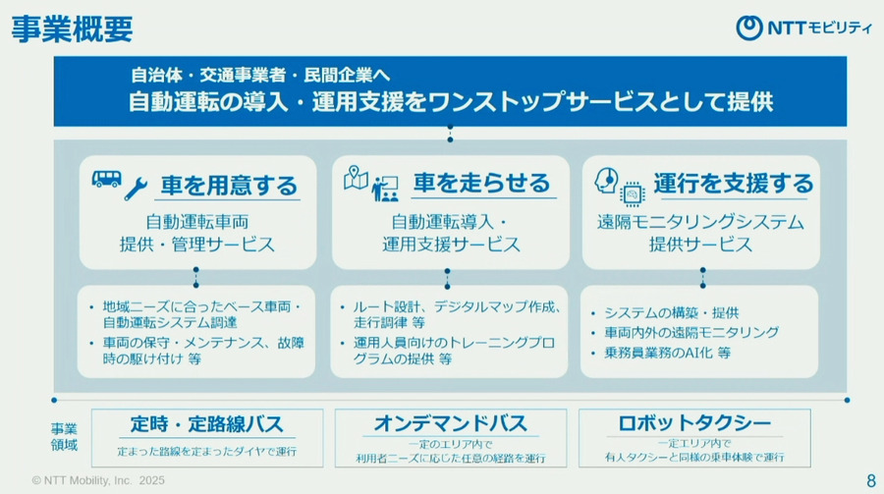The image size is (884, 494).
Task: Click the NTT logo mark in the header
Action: click(x=749, y=28)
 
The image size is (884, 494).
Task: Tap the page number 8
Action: click(x=870, y=480)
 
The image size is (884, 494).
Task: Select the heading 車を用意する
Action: click(x=229, y=184)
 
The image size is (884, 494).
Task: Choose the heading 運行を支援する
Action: click(x=733, y=184)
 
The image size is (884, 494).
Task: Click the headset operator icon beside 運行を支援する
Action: click(x=607, y=181)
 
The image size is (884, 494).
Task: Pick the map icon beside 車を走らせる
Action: click(x=356, y=179)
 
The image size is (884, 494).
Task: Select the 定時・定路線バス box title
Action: click(x=206, y=425)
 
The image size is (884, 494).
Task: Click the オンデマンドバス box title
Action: click(x=450, y=425)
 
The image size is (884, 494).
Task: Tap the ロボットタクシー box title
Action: click(x=694, y=425)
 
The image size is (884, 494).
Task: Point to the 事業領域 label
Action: click(x=65, y=437)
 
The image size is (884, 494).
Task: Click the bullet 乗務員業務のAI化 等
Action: click(x=667, y=352)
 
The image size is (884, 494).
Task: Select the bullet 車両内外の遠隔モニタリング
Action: click(x=691, y=332)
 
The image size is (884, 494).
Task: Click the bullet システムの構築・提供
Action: click(x=672, y=312)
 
